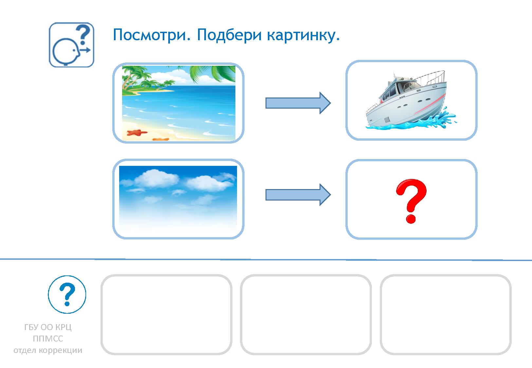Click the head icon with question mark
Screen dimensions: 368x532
pyautogui.click(x=71, y=45)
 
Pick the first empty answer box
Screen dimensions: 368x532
pyautogui.click(x=166, y=314)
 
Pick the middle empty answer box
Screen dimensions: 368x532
pyautogui.click(x=306, y=314)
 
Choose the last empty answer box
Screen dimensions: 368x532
pyautogui.click(x=446, y=314)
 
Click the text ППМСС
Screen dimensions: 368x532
pyautogui.click(x=48, y=339)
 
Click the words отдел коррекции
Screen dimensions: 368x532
pyautogui.click(x=48, y=350)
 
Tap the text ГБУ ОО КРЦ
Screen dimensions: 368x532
pyautogui.click(x=48, y=327)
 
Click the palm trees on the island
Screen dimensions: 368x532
pyautogui.click(x=138, y=79)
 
